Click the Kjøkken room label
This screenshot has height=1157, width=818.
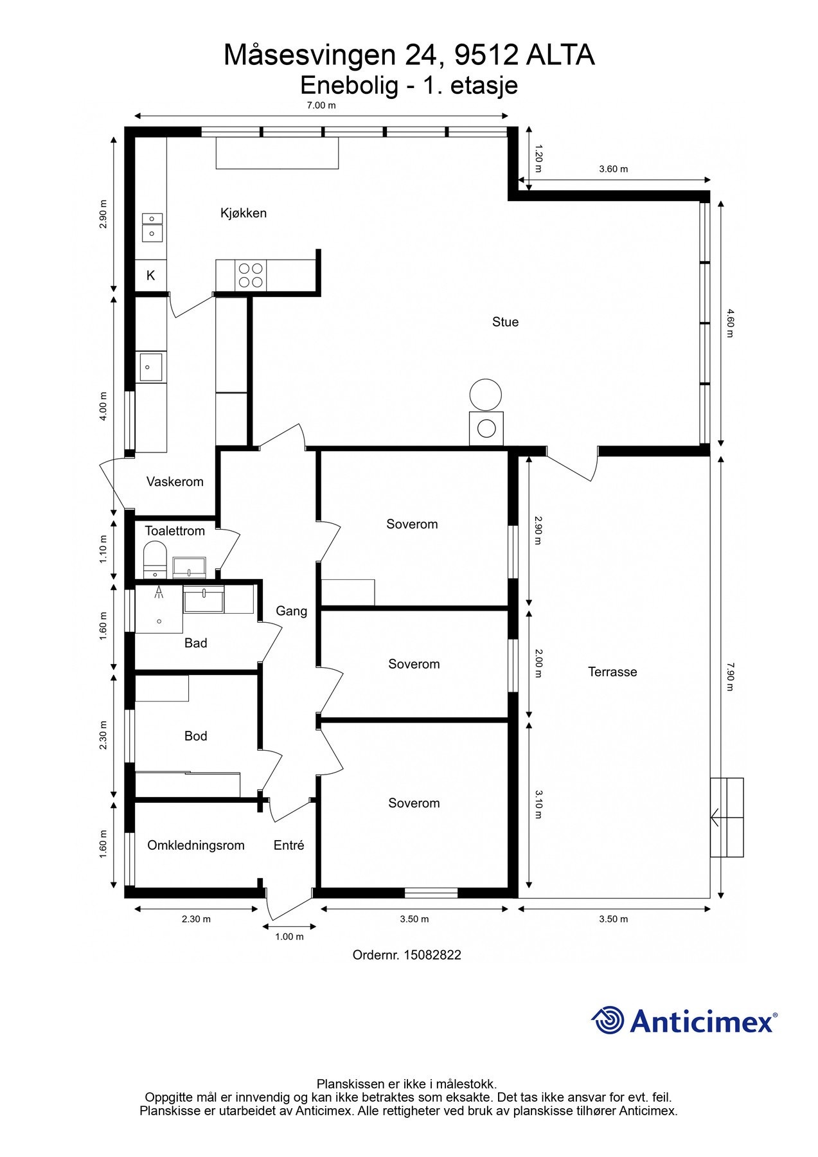(243, 213)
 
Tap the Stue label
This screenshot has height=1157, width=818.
(505, 322)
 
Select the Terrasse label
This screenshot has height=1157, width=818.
(612, 672)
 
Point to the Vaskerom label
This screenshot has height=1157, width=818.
(175, 481)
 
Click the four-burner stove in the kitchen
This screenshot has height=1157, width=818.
(251, 275)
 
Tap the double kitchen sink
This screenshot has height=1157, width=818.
(152, 228)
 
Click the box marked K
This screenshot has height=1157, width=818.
(150, 276)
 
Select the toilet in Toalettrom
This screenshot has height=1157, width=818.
(155, 559)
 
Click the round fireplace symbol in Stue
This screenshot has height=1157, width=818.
(485, 395)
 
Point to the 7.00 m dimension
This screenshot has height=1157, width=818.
(321, 105)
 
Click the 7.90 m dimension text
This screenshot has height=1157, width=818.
(730, 677)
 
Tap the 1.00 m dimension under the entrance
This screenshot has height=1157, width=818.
(289, 937)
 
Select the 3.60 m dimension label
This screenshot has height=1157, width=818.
(614, 169)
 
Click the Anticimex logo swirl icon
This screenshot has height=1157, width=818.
(608, 1020)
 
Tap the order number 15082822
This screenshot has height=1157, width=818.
(432, 955)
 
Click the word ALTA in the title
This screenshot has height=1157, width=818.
(560, 55)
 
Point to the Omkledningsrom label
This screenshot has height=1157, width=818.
(196, 845)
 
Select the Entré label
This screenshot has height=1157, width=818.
(289, 845)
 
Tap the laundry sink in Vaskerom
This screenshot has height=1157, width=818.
(151, 367)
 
